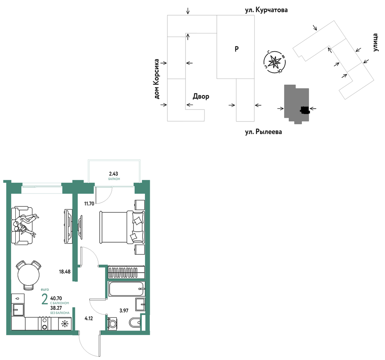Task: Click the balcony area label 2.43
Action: click(x=113, y=173)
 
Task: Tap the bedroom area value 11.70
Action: click(x=89, y=203)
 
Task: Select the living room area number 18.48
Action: click(x=65, y=272)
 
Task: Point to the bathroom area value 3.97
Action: click(x=124, y=310)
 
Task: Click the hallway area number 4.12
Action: click(x=89, y=319)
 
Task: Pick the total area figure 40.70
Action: click(x=56, y=298)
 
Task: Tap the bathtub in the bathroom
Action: click(x=127, y=289)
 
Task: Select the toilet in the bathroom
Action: click(x=135, y=322)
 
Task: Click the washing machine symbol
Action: click(x=113, y=324)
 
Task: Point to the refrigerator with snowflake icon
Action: click(x=65, y=324)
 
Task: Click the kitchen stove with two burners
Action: click(x=44, y=324)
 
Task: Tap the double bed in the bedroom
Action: click(x=122, y=227)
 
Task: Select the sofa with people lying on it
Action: click(x=22, y=226)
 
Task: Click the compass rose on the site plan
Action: click(x=275, y=62)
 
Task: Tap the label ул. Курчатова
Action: click(x=266, y=10)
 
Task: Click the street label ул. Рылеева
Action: click(x=263, y=132)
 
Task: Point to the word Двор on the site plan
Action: click(x=201, y=96)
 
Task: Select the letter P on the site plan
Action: click(x=237, y=49)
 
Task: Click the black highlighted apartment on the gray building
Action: click(x=305, y=110)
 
